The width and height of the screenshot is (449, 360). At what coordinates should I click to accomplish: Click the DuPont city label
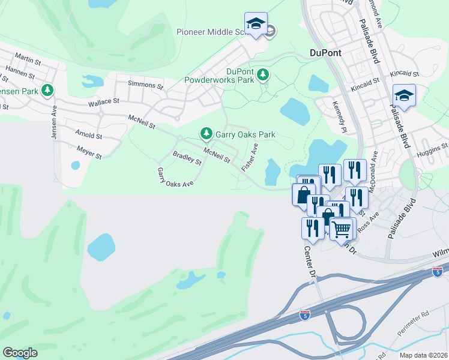pyautogui.click(x=325, y=53)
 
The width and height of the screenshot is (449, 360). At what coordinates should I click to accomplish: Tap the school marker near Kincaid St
pyautogui.click(x=404, y=95)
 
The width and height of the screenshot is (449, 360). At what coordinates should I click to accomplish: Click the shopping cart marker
pyautogui.click(x=342, y=228)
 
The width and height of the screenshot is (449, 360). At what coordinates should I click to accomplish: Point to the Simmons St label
pyautogui.click(x=145, y=85)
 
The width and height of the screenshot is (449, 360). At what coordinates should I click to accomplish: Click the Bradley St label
pyautogui.click(x=187, y=158)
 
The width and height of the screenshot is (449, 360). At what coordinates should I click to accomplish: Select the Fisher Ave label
pyautogui.click(x=250, y=156)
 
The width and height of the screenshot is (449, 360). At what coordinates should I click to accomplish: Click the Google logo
pyautogui.click(x=20, y=352)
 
